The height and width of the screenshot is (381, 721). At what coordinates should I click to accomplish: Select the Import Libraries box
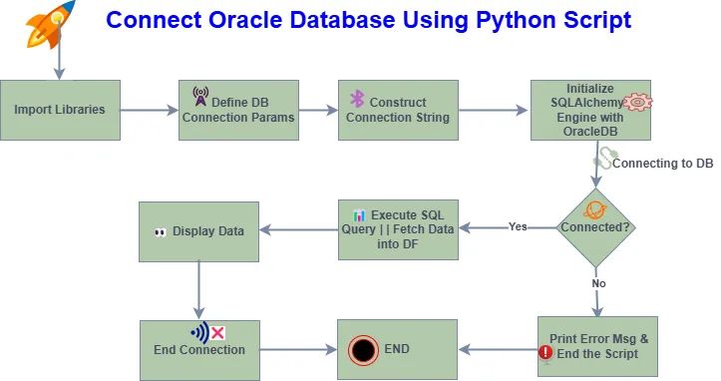(x=60, y=110)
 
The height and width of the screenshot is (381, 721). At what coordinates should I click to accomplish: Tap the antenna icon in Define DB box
(x=200, y=97)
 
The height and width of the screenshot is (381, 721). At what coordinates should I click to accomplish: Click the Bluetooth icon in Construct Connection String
(x=356, y=99)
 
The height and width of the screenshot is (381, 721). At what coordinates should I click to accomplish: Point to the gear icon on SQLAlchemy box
(x=636, y=103)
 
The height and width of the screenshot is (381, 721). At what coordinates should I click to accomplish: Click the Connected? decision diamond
(x=596, y=226)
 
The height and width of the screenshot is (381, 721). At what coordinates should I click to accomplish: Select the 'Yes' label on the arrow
(x=518, y=225)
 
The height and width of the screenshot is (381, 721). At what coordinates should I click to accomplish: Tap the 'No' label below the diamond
(x=599, y=282)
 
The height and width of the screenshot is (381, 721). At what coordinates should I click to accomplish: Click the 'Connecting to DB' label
(x=661, y=163)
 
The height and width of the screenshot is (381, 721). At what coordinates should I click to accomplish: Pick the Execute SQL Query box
(x=397, y=229)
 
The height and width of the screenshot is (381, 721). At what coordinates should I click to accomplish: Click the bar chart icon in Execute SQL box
(x=359, y=214)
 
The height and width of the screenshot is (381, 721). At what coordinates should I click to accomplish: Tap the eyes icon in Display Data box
(x=160, y=231)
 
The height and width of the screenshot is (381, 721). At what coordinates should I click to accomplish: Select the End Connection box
(x=199, y=349)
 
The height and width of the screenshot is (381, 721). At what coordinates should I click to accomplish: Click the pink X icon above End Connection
(x=217, y=332)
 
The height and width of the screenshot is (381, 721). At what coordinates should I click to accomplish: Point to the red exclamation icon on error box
(x=545, y=352)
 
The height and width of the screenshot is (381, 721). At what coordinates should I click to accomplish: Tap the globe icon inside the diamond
(x=594, y=210)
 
